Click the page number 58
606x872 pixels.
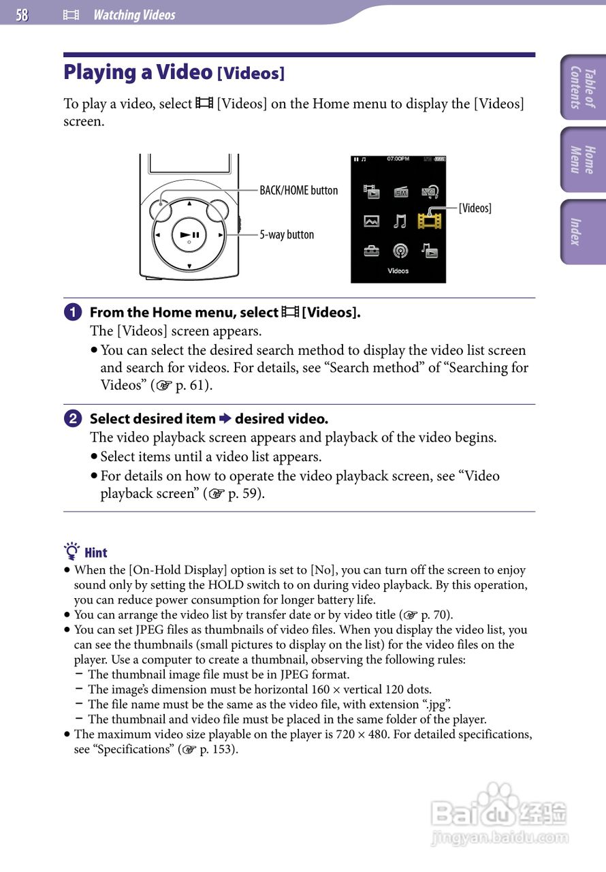tap(22, 15)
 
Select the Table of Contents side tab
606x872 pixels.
tap(583, 88)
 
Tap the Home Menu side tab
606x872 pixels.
tap(583, 159)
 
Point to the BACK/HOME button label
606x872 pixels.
tap(298, 190)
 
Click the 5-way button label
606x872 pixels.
tap(287, 234)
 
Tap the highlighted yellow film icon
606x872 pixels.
tap(430, 221)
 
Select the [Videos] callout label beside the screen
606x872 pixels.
tap(475, 208)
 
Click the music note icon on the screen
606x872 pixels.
tap(400, 221)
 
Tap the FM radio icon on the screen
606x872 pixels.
tap(400, 192)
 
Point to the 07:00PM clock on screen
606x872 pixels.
tap(398, 159)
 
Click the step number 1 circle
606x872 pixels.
tap(71, 313)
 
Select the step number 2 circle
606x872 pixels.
tap(71, 419)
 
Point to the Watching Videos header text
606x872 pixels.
tap(134, 15)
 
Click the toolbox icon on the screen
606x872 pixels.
tap(371, 251)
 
